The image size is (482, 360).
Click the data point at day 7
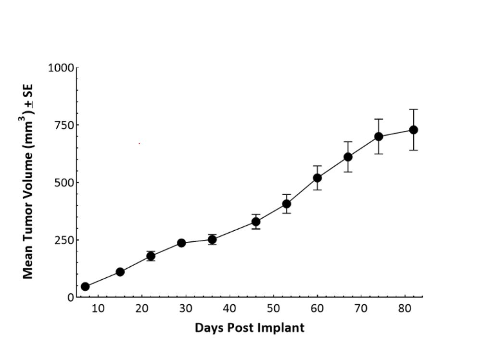point(85,286)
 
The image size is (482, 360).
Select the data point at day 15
point(120,272)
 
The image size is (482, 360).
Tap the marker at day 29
point(181,243)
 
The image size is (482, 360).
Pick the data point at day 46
point(256,222)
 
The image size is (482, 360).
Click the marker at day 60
point(317,178)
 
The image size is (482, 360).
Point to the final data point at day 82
point(413,130)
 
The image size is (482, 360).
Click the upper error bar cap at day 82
point(413,110)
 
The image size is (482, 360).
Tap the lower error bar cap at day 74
point(379,154)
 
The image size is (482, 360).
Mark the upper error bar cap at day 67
point(348,142)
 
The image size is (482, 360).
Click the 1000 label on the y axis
point(61,68)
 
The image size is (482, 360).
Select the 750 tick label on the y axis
point(64,125)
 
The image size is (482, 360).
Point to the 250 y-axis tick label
point(64,240)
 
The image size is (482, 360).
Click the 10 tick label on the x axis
point(98,309)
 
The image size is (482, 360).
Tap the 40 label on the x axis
point(229,309)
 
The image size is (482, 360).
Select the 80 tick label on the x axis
point(405,309)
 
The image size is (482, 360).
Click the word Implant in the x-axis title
point(283,328)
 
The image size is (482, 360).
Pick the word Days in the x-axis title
point(208,328)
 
